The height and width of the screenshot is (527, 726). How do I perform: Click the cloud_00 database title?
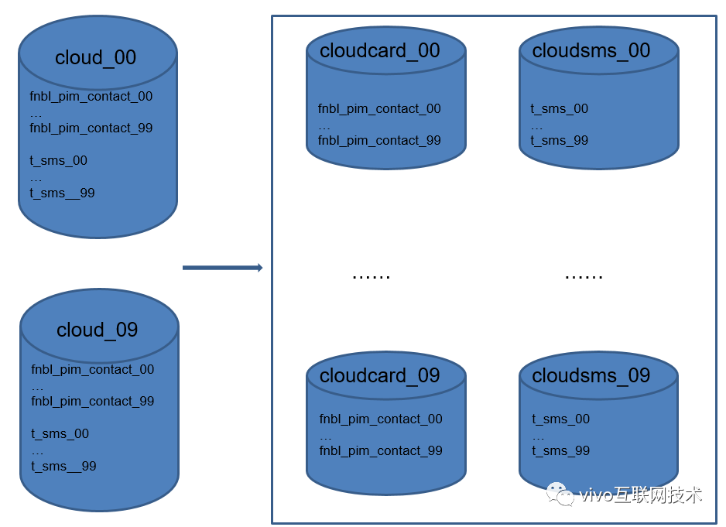click(x=95, y=58)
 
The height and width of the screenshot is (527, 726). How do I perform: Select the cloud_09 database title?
click(x=97, y=330)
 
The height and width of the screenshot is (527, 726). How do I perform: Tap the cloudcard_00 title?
click(x=379, y=51)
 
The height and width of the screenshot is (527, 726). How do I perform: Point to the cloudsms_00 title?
click(x=591, y=51)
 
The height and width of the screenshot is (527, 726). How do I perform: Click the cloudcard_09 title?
click(x=379, y=376)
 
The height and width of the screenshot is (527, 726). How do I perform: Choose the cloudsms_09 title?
click(x=591, y=376)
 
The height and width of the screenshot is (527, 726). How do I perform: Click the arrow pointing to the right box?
click(x=222, y=268)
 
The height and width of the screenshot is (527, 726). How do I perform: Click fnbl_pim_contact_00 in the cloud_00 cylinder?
click(x=91, y=97)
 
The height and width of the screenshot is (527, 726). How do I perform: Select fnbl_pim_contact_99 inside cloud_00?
click(x=91, y=128)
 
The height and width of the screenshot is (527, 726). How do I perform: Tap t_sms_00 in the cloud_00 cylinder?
click(x=59, y=161)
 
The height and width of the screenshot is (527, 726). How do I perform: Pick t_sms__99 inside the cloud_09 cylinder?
click(x=63, y=467)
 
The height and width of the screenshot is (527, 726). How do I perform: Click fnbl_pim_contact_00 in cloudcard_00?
click(x=379, y=109)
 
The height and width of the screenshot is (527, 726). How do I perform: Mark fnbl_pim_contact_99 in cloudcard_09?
click(x=381, y=451)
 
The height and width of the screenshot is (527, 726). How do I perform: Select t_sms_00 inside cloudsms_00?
click(x=560, y=109)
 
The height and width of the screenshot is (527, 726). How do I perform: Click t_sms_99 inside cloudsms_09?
click(x=561, y=451)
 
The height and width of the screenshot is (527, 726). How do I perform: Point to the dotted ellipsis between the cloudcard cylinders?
click(x=372, y=275)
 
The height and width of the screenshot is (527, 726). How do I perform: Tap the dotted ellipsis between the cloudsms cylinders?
click(x=584, y=275)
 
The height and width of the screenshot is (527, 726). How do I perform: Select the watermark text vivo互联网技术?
click(x=641, y=494)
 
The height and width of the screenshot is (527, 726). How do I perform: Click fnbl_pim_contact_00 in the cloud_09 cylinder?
click(x=93, y=370)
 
